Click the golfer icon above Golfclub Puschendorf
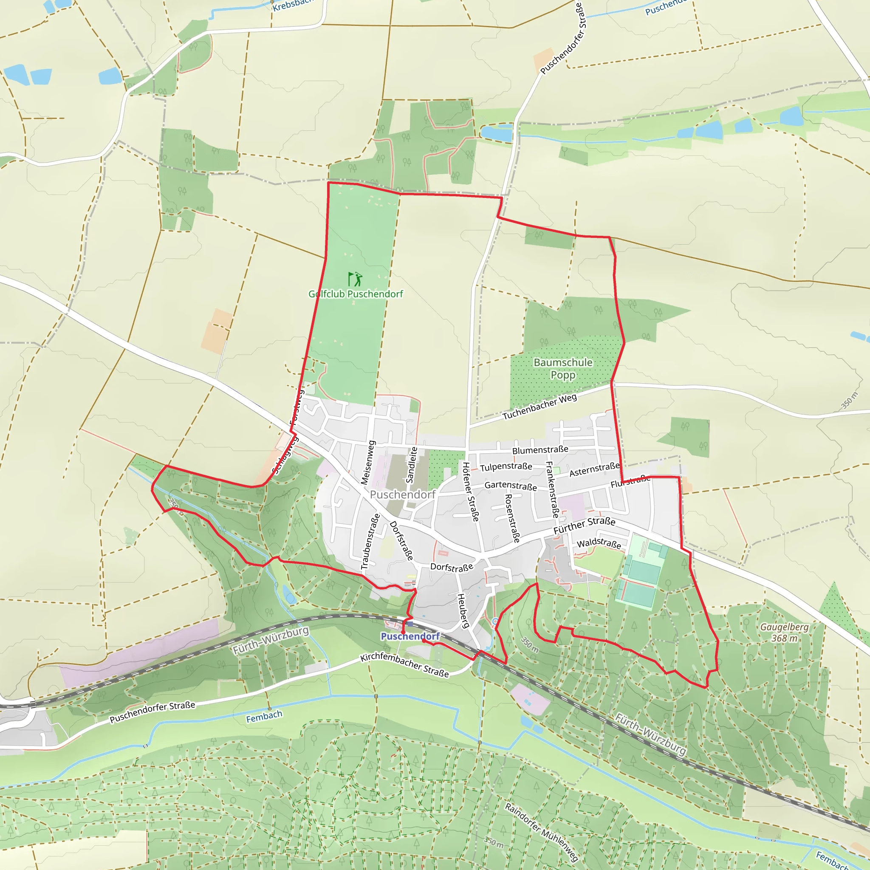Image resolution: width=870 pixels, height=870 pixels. pyautogui.click(x=355, y=279)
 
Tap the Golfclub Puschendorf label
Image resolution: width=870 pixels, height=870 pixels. pyautogui.click(x=356, y=294)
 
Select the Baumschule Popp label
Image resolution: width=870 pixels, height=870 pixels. pyautogui.click(x=563, y=368)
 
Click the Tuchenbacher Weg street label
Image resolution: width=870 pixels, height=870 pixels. pyautogui.click(x=540, y=407)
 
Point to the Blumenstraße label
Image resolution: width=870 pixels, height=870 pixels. pyautogui.click(x=540, y=450)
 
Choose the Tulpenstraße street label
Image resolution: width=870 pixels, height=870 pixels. pyautogui.click(x=506, y=467)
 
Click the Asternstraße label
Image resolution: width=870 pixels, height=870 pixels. pyautogui.click(x=594, y=469)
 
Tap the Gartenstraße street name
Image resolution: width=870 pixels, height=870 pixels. pyautogui.click(x=511, y=486)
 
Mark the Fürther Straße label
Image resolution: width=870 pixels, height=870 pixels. pyautogui.click(x=584, y=525)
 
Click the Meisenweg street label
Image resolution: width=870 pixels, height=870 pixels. pyautogui.click(x=368, y=463)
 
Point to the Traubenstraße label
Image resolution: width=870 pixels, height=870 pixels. pyautogui.click(x=370, y=542)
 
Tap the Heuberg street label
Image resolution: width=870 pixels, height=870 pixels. pyautogui.click(x=463, y=610)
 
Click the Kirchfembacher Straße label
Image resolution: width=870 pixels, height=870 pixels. pyautogui.click(x=404, y=665)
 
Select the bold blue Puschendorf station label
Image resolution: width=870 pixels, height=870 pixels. pyautogui.click(x=410, y=636)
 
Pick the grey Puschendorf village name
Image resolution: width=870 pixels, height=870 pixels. pyautogui.click(x=403, y=494)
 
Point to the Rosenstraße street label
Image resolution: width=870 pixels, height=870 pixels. pyautogui.click(x=512, y=518)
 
